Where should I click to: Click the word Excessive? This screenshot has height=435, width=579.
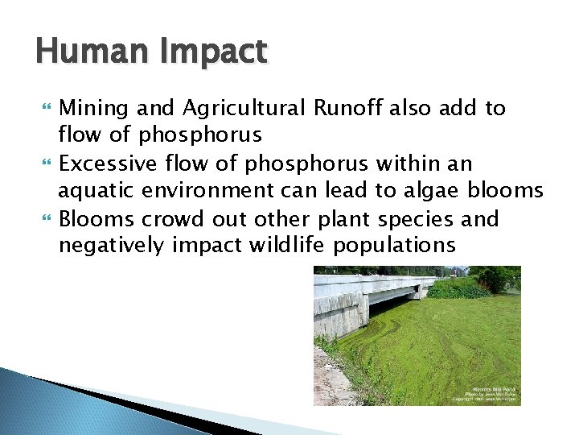pos(107,164)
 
